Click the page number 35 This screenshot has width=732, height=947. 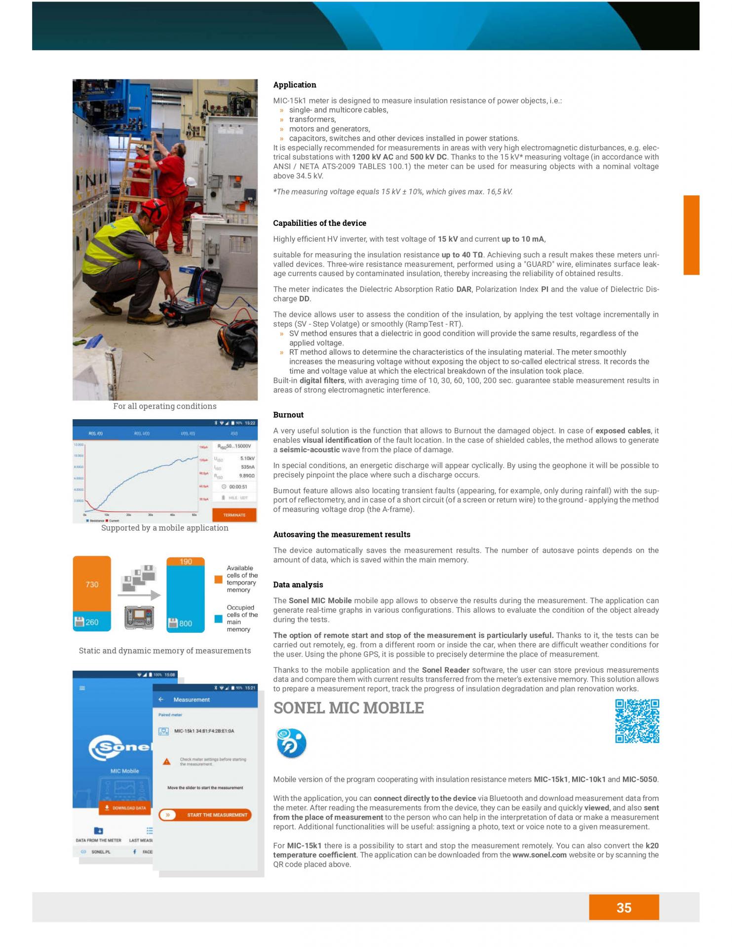(623, 908)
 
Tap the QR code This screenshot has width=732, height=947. (637, 721)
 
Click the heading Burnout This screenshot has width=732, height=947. (288, 415)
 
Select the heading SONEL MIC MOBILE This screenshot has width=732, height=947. (348, 708)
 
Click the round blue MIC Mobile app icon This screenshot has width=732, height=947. (291, 743)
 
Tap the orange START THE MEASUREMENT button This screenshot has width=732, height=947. (205, 815)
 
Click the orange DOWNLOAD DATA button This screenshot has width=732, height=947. (125, 808)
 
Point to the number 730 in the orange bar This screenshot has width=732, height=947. (92, 584)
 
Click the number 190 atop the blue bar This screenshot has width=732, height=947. (186, 561)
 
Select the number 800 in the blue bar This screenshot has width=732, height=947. (186, 623)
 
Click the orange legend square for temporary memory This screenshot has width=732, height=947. (218, 579)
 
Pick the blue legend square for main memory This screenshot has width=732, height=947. (218, 619)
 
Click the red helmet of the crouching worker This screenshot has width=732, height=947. (154, 209)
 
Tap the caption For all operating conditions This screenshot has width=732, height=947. (165, 406)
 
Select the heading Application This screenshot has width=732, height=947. (295, 85)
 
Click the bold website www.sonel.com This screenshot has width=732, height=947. (539, 855)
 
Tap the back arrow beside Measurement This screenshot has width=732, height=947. (161, 699)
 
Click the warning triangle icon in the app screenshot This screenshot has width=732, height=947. (167, 762)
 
